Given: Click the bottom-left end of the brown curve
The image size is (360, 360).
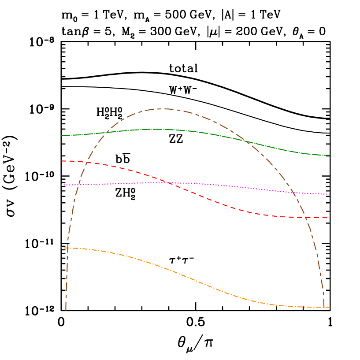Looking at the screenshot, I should [x=66, y=310].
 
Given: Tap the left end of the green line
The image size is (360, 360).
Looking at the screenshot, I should [x=61, y=135].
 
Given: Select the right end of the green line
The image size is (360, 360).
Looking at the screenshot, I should [x=330, y=155].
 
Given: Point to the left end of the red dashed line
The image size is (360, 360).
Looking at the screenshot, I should [x=61, y=161].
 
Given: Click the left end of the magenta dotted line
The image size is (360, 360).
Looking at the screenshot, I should [x=61, y=185].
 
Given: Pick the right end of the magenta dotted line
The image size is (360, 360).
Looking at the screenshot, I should [x=330, y=194].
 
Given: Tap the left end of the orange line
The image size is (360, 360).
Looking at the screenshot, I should [x=61, y=248].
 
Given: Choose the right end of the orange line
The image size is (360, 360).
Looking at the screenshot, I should [x=330, y=307].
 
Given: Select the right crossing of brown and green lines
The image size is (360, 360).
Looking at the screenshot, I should [x=247, y=141].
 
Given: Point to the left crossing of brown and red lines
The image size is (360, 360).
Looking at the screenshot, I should [x=85, y=163].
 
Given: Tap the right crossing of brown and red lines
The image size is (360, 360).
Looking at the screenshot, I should [x=305, y=217].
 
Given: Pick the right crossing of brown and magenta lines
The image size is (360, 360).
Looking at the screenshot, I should [x=293, y=192].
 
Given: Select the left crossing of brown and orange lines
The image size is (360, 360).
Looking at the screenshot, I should [x=67, y=249].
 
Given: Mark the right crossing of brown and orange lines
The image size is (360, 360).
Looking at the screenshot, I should [x=324, y=307].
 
